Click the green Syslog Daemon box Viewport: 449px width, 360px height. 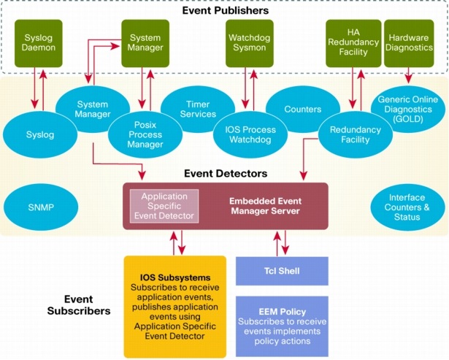click(39, 43)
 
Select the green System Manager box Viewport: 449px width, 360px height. click(145, 43)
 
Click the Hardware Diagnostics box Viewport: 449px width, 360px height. click(408, 43)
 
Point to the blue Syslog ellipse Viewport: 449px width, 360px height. click(36, 135)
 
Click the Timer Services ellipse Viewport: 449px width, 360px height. click(198, 110)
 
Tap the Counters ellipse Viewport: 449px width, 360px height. click(302, 110)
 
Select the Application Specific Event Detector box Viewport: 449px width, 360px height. click(164, 206)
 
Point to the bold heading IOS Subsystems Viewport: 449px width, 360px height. click(175, 277)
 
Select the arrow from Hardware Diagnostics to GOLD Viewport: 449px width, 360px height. click(408, 74)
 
